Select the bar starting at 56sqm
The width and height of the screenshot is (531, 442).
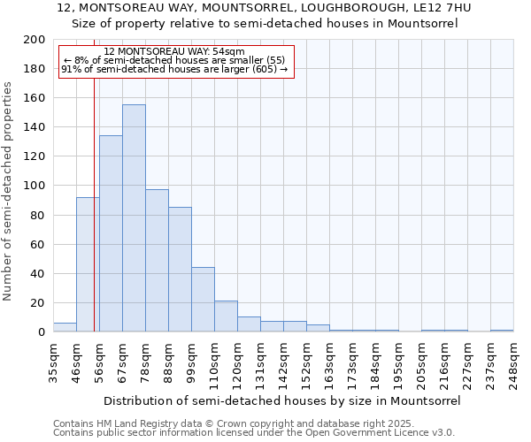tap(111, 234)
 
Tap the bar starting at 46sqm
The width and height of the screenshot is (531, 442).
tap(88, 264)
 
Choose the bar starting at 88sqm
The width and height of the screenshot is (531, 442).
tap(180, 270)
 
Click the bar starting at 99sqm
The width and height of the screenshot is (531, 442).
tap(203, 300)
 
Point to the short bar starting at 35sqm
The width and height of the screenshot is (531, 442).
tap(65, 327)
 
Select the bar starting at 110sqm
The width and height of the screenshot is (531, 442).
tap(226, 316)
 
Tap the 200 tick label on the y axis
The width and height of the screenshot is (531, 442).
tap(35, 40)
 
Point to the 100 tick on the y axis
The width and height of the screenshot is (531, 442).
tap(35, 186)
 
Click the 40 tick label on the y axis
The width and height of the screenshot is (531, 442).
tap(38, 273)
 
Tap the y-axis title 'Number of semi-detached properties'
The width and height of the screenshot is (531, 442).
tap(9, 191)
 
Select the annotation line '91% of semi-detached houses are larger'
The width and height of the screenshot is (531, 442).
tap(174, 69)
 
